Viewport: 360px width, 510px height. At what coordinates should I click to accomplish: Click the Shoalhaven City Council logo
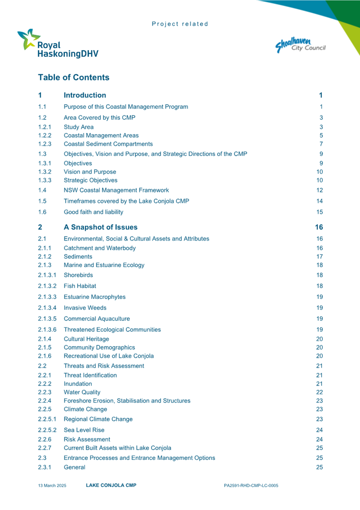300,45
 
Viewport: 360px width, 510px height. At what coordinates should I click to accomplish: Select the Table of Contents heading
74,77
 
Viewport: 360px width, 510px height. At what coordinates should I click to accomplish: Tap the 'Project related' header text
180,24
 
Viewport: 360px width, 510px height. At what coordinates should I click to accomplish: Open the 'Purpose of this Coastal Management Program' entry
126,107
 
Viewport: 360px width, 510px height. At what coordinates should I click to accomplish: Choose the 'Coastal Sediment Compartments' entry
108,144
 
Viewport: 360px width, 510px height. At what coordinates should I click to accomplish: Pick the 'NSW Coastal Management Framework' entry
116,190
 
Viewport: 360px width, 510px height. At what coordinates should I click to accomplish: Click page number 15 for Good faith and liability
319,212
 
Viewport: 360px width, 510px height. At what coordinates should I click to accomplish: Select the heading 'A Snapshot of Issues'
101,227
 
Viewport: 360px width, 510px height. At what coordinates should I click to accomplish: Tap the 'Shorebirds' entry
78,275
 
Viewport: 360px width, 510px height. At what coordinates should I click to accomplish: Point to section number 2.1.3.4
47,308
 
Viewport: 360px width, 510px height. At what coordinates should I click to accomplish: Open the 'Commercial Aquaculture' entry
97,319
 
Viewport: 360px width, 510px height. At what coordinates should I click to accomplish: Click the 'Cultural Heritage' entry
86,339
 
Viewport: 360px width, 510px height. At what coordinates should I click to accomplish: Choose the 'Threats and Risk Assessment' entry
104,366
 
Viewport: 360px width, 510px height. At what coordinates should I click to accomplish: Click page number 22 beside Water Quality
319,392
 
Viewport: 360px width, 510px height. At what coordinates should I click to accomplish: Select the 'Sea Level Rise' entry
84,430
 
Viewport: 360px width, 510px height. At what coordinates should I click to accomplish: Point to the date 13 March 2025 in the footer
52,486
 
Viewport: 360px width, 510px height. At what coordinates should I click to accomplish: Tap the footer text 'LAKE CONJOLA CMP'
111,485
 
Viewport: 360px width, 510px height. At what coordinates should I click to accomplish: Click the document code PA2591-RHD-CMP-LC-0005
251,486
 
